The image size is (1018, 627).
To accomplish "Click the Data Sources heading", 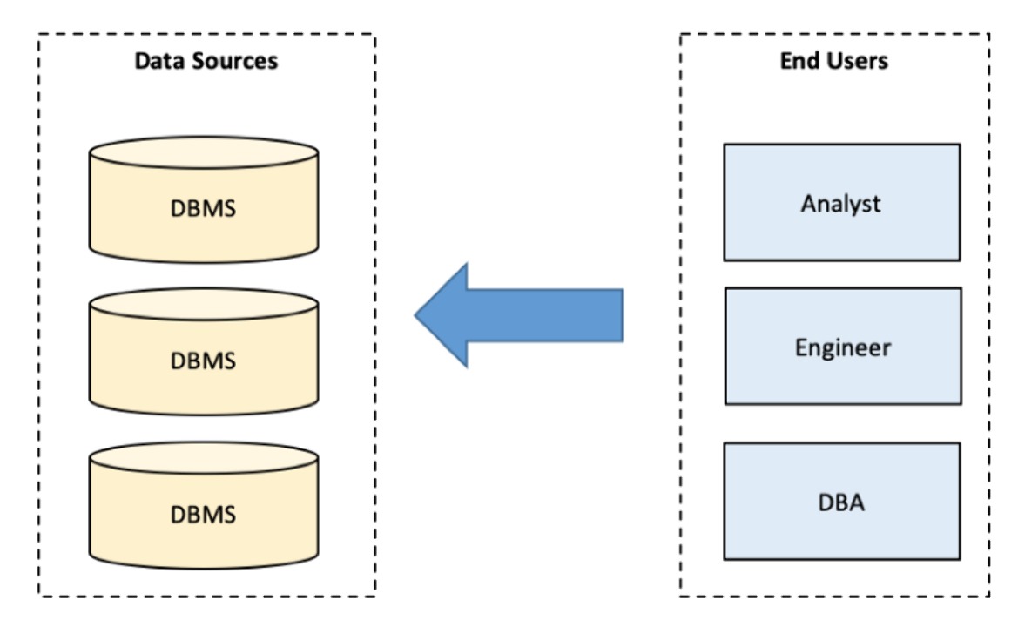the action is point(206,60).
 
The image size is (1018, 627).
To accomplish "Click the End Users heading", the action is point(833,60).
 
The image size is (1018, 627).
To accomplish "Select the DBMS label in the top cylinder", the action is point(203,208).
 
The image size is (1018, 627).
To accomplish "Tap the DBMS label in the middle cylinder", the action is point(203,361).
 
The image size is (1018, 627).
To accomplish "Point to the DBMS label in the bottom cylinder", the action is point(203,515).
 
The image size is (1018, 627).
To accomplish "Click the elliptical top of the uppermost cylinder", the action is point(204,152).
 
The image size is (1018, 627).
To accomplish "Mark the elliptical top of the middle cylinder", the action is point(204,305).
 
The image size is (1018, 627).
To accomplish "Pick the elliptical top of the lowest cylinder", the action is point(204,458).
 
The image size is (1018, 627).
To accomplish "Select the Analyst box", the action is point(842,203).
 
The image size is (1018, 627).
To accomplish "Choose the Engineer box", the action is point(843,346).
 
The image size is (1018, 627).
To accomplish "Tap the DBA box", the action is point(842,501).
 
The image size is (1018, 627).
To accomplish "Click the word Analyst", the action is point(840,204).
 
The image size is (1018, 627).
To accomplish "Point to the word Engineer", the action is point(843,348).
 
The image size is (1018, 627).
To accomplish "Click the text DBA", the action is point(841,502).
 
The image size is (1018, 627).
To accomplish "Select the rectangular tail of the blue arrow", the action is point(545,315).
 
